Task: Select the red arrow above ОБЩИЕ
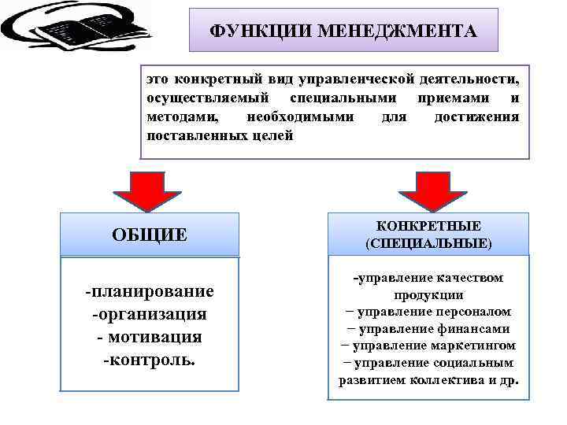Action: (x=149, y=190)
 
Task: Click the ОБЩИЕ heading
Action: (x=149, y=234)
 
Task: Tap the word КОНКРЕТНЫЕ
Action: (x=428, y=226)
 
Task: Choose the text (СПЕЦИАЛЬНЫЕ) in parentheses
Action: (x=428, y=243)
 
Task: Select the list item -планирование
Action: (x=150, y=291)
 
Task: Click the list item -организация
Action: (x=150, y=314)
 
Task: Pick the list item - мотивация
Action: (x=150, y=337)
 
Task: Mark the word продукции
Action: (x=428, y=295)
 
